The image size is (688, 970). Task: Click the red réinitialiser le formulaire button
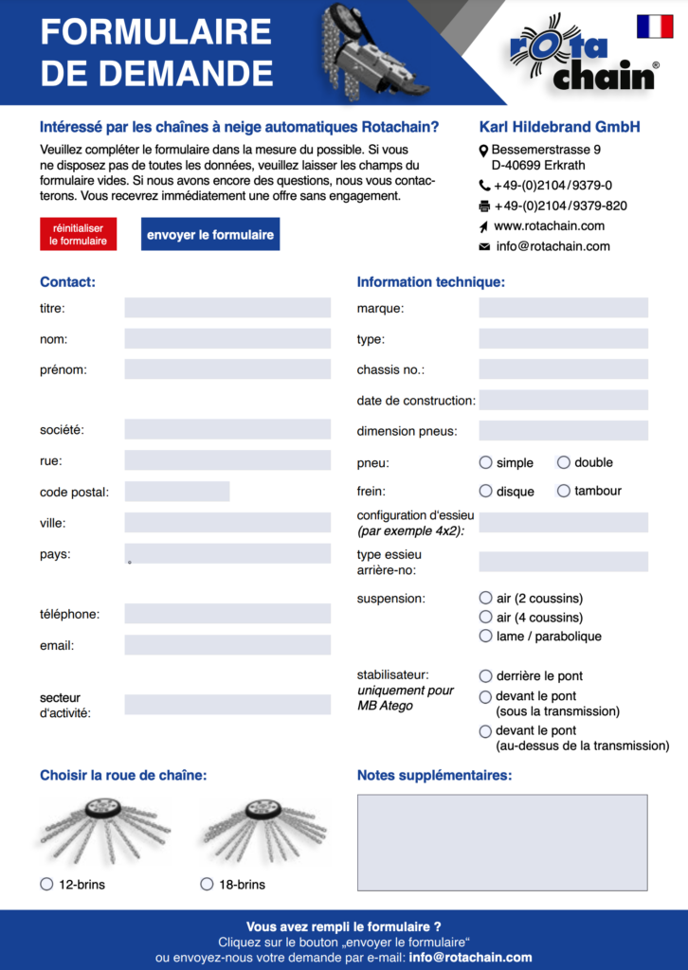pyautogui.click(x=79, y=234)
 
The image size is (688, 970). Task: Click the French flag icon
pyautogui.click(x=655, y=27)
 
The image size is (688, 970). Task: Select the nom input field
pyautogui.click(x=227, y=339)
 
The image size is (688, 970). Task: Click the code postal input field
pyautogui.click(x=177, y=492)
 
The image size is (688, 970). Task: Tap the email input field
pyautogui.click(x=227, y=645)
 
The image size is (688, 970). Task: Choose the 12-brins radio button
pyautogui.click(x=46, y=884)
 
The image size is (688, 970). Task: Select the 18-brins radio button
pyautogui.click(x=208, y=884)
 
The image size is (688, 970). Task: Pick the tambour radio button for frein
pyautogui.click(x=564, y=491)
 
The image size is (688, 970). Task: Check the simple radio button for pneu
pyautogui.click(x=486, y=462)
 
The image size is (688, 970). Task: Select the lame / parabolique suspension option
pyautogui.click(x=486, y=636)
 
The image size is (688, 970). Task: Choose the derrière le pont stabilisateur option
pyautogui.click(x=486, y=676)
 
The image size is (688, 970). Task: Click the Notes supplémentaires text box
pyautogui.click(x=502, y=842)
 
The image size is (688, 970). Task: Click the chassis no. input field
pyautogui.click(x=563, y=369)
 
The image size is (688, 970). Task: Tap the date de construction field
pyautogui.click(x=563, y=401)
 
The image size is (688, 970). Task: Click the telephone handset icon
pyautogui.click(x=484, y=186)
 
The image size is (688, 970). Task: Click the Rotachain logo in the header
pyautogui.click(x=584, y=54)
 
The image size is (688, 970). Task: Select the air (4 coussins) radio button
pyautogui.click(x=486, y=618)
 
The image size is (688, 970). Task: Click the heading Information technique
pyautogui.click(x=430, y=281)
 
